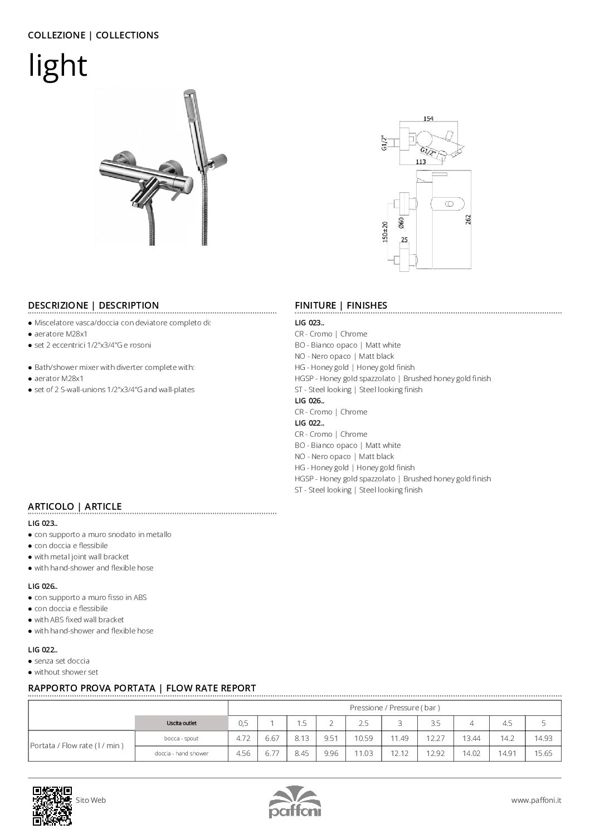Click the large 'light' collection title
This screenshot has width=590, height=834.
(x=58, y=66)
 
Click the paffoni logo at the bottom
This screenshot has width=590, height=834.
(x=295, y=802)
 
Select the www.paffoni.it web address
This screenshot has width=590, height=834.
(x=536, y=800)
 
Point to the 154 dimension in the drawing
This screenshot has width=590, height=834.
(x=428, y=119)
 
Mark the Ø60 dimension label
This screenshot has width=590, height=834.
(x=401, y=222)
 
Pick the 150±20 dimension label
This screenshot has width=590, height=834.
(x=385, y=231)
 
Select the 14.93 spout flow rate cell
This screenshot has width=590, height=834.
(x=543, y=738)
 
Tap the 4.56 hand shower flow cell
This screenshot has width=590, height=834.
(x=243, y=753)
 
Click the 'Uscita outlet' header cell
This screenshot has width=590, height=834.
(x=181, y=723)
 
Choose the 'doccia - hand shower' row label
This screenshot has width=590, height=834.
(x=182, y=753)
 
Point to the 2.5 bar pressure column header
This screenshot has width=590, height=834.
(x=363, y=723)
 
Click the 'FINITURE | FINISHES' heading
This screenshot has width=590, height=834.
(x=340, y=305)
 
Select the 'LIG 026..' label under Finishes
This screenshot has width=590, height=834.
(x=309, y=401)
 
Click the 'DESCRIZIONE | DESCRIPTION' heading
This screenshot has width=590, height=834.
(x=93, y=305)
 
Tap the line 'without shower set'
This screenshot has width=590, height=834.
(x=66, y=672)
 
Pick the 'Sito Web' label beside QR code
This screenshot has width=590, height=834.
(x=91, y=800)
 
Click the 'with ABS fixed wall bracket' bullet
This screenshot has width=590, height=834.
(x=79, y=620)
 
